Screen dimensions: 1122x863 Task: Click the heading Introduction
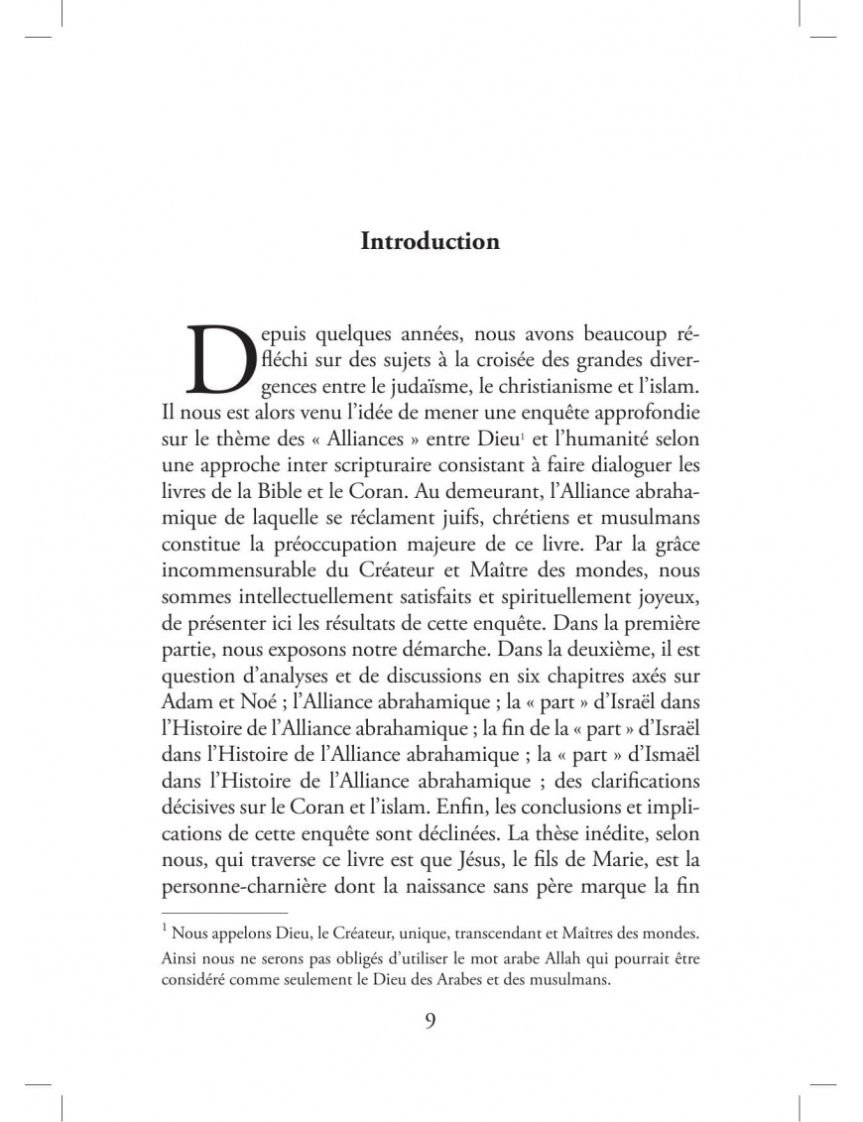tap(430, 241)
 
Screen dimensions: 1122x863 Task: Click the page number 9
tap(431, 1022)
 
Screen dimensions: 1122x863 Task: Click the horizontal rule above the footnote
tap(223, 911)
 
